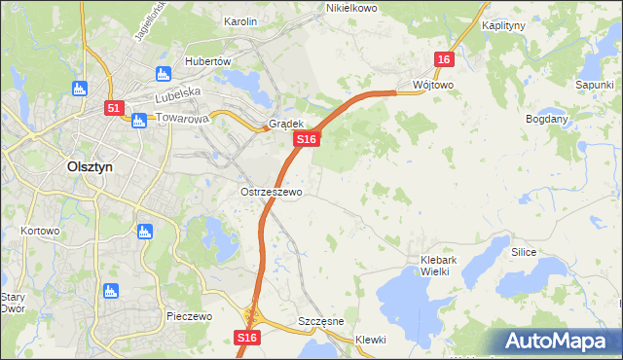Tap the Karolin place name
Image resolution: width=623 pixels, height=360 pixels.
click(x=239, y=20)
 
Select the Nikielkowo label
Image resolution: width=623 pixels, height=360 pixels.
click(x=350, y=8)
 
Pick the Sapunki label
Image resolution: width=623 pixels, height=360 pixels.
click(x=594, y=85)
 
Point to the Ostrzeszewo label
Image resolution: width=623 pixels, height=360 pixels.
click(x=272, y=192)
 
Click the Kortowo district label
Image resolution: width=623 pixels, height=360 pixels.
click(x=40, y=231)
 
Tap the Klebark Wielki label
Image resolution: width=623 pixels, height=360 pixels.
click(x=447, y=266)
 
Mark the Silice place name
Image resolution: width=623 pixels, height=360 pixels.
click(x=525, y=251)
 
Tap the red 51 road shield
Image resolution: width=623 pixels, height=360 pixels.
click(x=114, y=109)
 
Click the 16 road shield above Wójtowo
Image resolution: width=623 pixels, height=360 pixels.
click(x=444, y=60)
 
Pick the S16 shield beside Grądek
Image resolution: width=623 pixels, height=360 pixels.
click(x=307, y=140)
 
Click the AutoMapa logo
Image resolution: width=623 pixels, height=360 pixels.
click(x=559, y=342)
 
